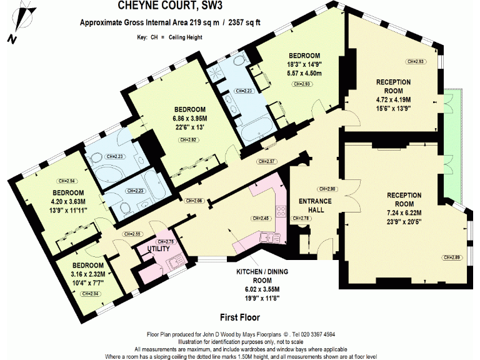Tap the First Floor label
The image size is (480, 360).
point(240,317)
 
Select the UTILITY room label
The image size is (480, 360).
point(158,248)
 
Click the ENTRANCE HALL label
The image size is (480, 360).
point(315,206)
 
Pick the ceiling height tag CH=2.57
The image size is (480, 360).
point(267,162)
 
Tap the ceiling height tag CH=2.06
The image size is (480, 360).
point(195,201)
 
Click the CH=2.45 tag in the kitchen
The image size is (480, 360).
point(261,219)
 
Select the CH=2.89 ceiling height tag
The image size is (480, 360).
point(452,257)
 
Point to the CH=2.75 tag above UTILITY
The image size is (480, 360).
point(166,241)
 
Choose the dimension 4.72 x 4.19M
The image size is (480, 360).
point(393,99)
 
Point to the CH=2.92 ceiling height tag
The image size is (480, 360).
point(188,140)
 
